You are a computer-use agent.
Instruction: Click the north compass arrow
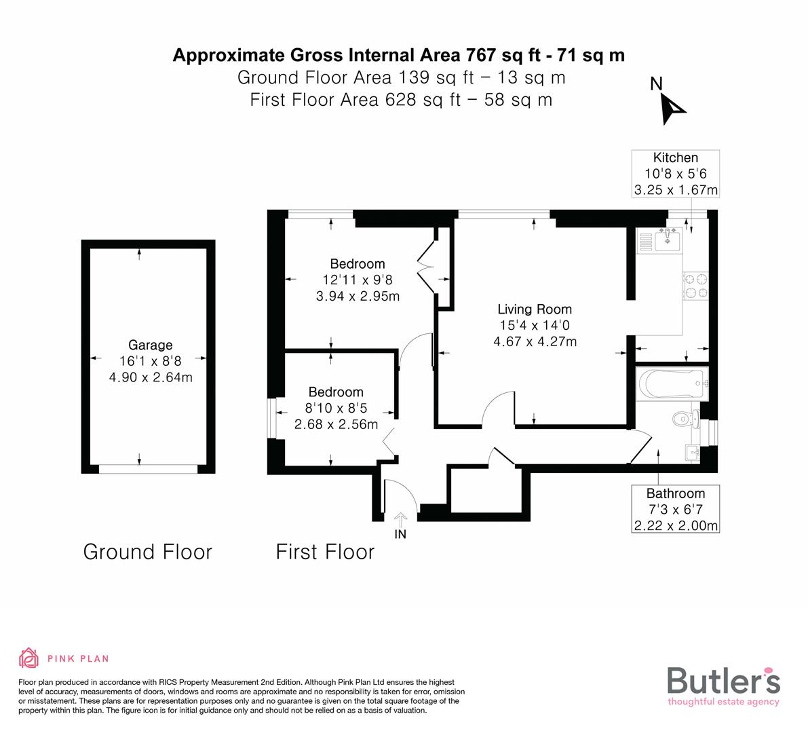pyautogui.click(x=674, y=108)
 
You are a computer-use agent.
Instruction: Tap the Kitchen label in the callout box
pyautogui.click(x=675, y=157)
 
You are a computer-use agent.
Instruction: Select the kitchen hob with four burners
pyautogui.click(x=695, y=286)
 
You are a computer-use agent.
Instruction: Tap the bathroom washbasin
pyautogui.click(x=691, y=452)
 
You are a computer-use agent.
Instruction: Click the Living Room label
pyautogui.click(x=535, y=309)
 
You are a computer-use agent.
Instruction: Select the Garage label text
pyautogui.click(x=151, y=345)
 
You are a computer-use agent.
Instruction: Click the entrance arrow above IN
pyautogui.click(x=400, y=519)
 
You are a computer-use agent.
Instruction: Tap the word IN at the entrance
pyautogui.click(x=400, y=534)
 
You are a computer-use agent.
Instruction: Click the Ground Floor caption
pyautogui.click(x=147, y=552)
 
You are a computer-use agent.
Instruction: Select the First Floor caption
pyautogui.click(x=325, y=552)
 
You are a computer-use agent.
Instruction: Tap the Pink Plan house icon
pyautogui.click(x=28, y=658)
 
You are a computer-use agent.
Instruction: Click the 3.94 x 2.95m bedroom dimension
pyautogui.click(x=358, y=296)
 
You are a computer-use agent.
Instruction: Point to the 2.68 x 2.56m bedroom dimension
pyautogui.click(x=336, y=424)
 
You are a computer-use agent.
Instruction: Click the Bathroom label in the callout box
pyautogui.click(x=675, y=493)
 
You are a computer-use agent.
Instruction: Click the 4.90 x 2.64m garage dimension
pyautogui.click(x=151, y=377)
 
